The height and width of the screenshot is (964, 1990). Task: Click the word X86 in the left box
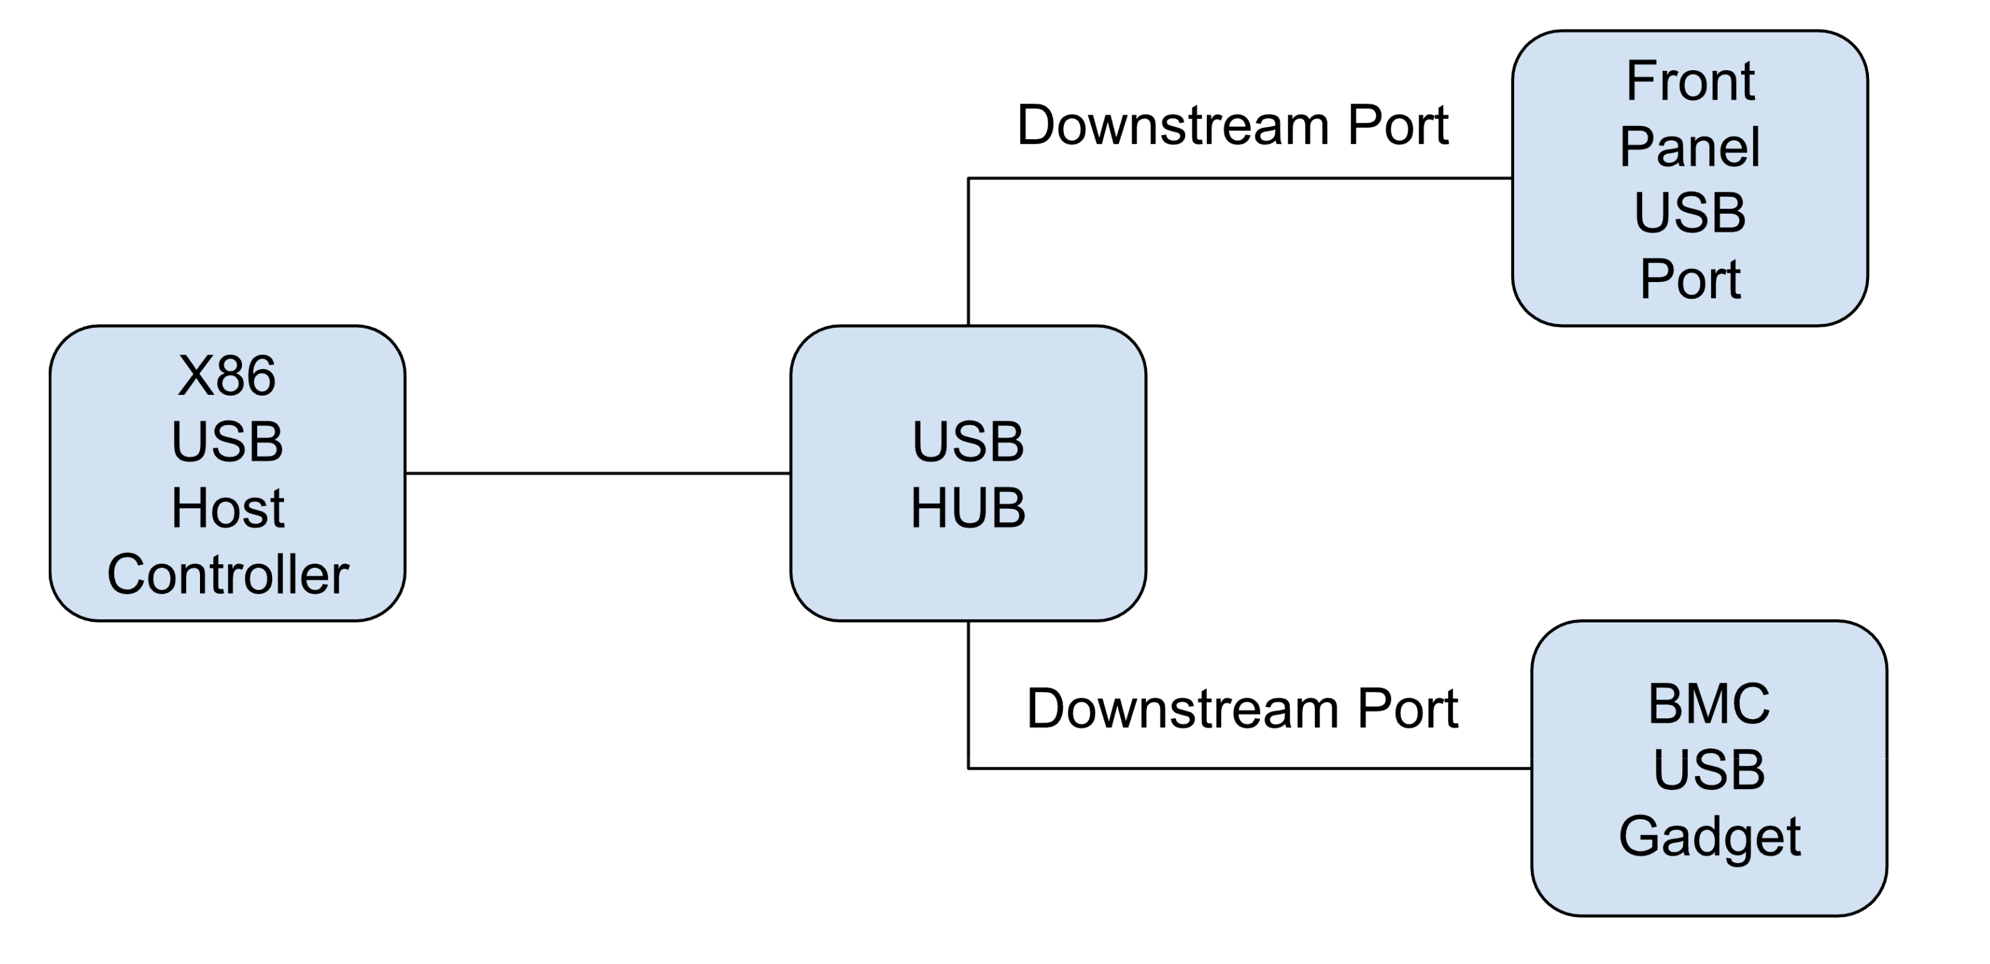click(x=226, y=377)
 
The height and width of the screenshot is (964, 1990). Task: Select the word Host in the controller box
click(x=227, y=508)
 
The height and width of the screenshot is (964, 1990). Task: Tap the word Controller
click(x=227, y=575)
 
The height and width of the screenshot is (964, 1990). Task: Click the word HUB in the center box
click(x=967, y=508)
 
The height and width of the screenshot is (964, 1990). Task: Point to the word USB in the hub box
click(x=967, y=442)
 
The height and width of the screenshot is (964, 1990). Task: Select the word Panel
click(x=1690, y=147)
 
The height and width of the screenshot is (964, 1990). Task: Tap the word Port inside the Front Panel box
click(x=1690, y=279)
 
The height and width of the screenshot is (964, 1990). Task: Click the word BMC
click(x=1709, y=704)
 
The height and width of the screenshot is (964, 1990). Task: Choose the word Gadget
click(x=1709, y=837)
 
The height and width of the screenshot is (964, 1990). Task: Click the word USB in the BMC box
click(x=1709, y=770)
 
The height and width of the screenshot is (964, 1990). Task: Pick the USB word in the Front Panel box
click(x=1690, y=212)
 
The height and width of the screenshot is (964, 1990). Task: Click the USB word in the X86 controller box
click(x=227, y=442)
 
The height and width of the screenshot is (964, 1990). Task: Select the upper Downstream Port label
click(x=1232, y=125)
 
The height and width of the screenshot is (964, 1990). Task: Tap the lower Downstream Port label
click(x=1241, y=708)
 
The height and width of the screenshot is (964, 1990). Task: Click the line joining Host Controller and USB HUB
click(x=597, y=473)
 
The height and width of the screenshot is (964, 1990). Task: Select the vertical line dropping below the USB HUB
click(x=968, y=695)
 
